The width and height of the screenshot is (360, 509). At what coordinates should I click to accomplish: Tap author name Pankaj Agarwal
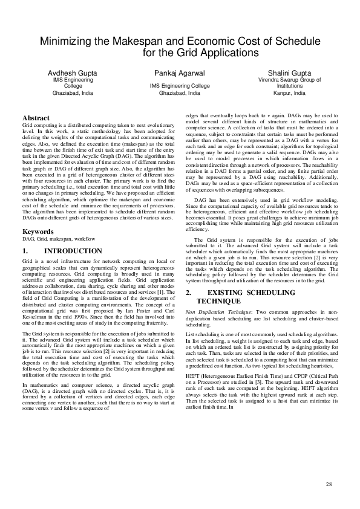click(x=179, y=73)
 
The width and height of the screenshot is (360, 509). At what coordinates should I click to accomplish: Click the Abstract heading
click(x=35, y=117)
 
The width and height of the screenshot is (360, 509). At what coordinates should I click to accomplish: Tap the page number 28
click(x=329, y=484)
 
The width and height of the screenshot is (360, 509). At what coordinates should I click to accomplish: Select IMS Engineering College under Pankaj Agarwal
click(x=179, y=86)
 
